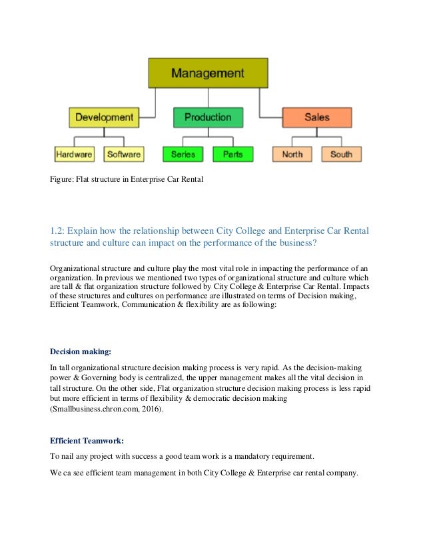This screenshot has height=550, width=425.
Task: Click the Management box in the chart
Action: [x=208, y=73]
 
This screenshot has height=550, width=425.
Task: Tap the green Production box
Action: [x=208, y=117]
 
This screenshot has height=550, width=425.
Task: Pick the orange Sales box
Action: [x=316, y=117]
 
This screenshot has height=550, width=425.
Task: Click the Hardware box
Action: [x=74, y=154]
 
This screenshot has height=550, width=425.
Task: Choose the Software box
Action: [x=124, y=154]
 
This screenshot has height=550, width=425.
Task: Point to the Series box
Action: [x=183, y=154]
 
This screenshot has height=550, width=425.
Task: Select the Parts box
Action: [x=232, y=154]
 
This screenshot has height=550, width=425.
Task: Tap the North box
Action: [x=292, y=154]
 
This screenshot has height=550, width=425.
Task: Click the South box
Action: [x=341, y=154]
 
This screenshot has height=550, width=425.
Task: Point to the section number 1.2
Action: [x=57, y=230]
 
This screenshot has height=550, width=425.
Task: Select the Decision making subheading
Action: [x=81, y=352]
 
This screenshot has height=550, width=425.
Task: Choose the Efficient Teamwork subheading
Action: [x=87, y=441]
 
